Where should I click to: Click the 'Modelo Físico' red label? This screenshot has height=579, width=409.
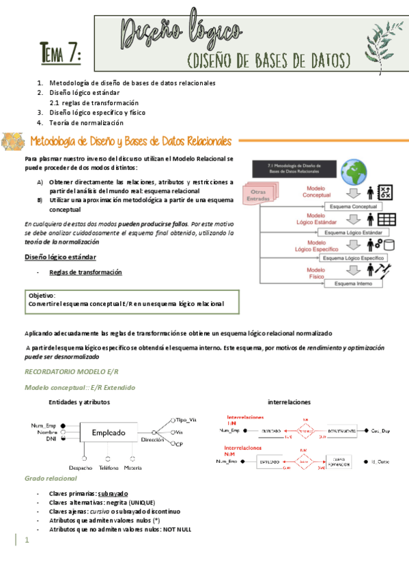click(x=315, y=274)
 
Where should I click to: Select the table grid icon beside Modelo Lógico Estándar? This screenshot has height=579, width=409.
click(x=387, y=220)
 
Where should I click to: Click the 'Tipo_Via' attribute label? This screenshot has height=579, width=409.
click(x=186, y=419)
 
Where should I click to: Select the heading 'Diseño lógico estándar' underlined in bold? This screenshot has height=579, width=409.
click(x=60, y=257)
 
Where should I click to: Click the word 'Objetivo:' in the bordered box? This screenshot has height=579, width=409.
click(x=42, y=295)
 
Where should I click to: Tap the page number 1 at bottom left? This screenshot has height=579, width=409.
click(x=27, y=540)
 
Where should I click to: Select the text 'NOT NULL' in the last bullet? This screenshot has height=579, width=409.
click(x=177, y=529)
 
